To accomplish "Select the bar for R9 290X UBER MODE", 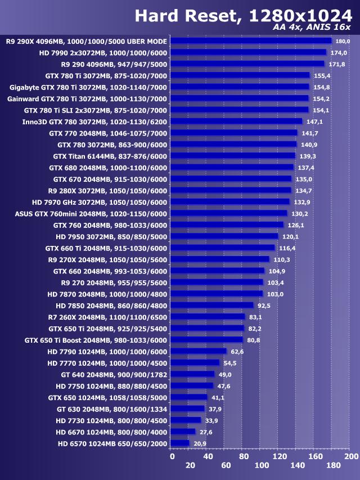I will pyautogui.click(x=251, y=41).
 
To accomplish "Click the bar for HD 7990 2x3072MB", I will pyautogui.click(x=248, y=52).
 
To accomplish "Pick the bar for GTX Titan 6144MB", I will pyautogui.click(x=232, y=156).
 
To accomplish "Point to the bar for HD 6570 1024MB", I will pyautogui.click(x=179, y=443).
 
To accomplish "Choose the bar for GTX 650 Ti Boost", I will pyautogui.click(x=206, y=340).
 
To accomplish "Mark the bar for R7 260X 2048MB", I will pyautogui.click(x=207, y=317).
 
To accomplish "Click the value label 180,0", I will pyautogui.click(x=343, y=42).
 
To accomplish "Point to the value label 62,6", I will pyautogui.click(x=237, y=352).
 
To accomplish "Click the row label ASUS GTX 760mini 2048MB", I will pyautogui.click(x=91, y=213).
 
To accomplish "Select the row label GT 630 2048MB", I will pyautogui.click(x=112, y=409).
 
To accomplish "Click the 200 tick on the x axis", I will pyautogui.click(x=351, y=456).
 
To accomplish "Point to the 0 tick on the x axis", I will pyautogui.click(x=172, y=456).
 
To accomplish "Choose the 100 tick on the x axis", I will pyautogui.click(x=262, y=466).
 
